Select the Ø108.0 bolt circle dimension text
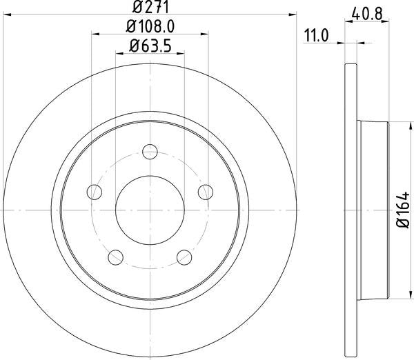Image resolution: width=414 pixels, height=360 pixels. [x=150, y=28]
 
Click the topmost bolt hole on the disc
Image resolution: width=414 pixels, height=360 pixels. [x=150, y=152]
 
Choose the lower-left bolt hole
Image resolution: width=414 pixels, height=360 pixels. [x=115, y=257]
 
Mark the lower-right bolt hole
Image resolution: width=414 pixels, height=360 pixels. [x=184, y=257]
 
